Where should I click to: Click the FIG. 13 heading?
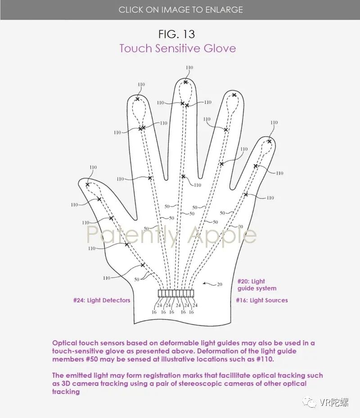point(177,34)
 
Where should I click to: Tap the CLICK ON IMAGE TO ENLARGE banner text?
point(180,9)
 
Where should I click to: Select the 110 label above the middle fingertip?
point(189,68)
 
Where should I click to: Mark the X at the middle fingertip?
point(185,82)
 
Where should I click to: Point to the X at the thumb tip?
point(88,184)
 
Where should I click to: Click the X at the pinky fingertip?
point(269,141)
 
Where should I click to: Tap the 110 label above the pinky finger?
point(274,123)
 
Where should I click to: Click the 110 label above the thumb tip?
point(93,168)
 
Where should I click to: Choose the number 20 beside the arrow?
point(219,284)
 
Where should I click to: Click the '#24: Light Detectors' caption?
point(102,300)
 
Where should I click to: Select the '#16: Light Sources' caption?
point(261,300)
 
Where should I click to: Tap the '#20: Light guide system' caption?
point(256,285)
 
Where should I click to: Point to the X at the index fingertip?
point(137,99)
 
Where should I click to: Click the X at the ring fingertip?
point(234,95)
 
